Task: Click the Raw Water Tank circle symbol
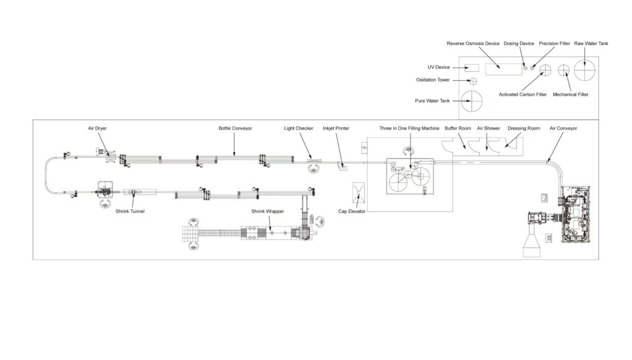[x=583, y=71]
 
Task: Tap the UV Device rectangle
[x=472, y=67]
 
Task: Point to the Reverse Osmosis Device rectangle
[x=501, y=69]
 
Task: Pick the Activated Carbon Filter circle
[x=544, y=70]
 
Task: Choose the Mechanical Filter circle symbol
[x=563, y=70]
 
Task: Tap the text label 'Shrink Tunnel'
[x=130, y=211]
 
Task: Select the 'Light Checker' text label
[x=299, y=128]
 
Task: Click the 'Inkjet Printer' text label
[x=336, y=128]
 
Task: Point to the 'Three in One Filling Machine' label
[x=409, y=128]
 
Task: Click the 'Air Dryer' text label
[x=97, y=128]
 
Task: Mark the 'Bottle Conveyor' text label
[x=235, y=128]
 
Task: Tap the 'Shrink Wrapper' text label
[x=267, y=211]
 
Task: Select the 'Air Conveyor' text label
[x=563, y=128]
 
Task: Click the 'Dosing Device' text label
[x=518, y=44]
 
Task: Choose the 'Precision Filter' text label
[x=554, y=44]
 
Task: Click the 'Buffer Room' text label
[x=458, y=128]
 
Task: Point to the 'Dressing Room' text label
[x=523, y=128]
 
